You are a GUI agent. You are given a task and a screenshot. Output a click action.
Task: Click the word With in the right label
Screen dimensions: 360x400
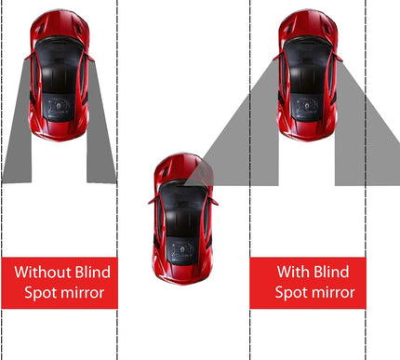click(x=297, y=273)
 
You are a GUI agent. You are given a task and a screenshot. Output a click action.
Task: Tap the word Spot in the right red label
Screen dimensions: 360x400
click(x=290, y=293)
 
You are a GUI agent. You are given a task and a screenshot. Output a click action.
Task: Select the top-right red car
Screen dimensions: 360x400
click(x=307, y=74)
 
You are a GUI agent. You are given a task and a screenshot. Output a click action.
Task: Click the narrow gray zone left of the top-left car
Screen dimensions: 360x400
click(x=19, y=140)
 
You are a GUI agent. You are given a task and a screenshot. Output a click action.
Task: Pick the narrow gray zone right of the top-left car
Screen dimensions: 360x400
click(x=100, y=140)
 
